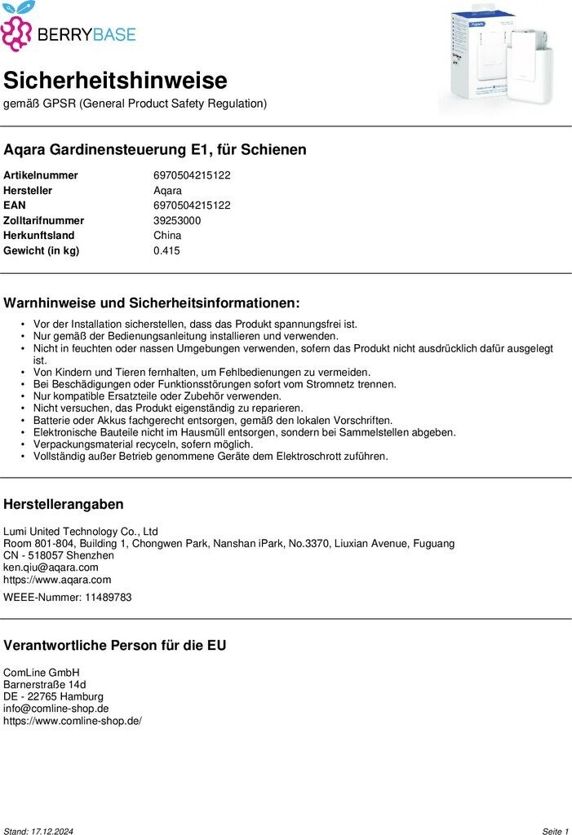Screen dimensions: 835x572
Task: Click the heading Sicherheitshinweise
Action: [115, 81]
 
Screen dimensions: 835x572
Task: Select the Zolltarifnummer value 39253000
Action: [177, 221]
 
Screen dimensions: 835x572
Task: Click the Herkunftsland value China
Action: [167, 236]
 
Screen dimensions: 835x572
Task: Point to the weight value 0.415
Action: [166, 250]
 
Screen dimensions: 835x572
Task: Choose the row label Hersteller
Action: [28, 191]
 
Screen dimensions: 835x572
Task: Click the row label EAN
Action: [15, 205]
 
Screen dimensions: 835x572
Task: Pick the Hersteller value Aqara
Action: [167, 191]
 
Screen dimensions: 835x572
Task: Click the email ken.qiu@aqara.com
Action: [51, 568]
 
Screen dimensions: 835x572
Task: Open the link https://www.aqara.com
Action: [57, 580]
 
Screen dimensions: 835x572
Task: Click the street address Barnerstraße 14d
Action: [45, 684]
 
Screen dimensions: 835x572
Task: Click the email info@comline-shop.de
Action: [56, 709]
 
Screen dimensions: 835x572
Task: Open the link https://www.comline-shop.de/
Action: [73, 721]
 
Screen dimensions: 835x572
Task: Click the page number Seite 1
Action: [555, 831]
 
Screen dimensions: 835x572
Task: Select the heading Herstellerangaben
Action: [64, 504]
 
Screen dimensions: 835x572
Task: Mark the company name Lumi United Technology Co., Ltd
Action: [81, 531]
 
